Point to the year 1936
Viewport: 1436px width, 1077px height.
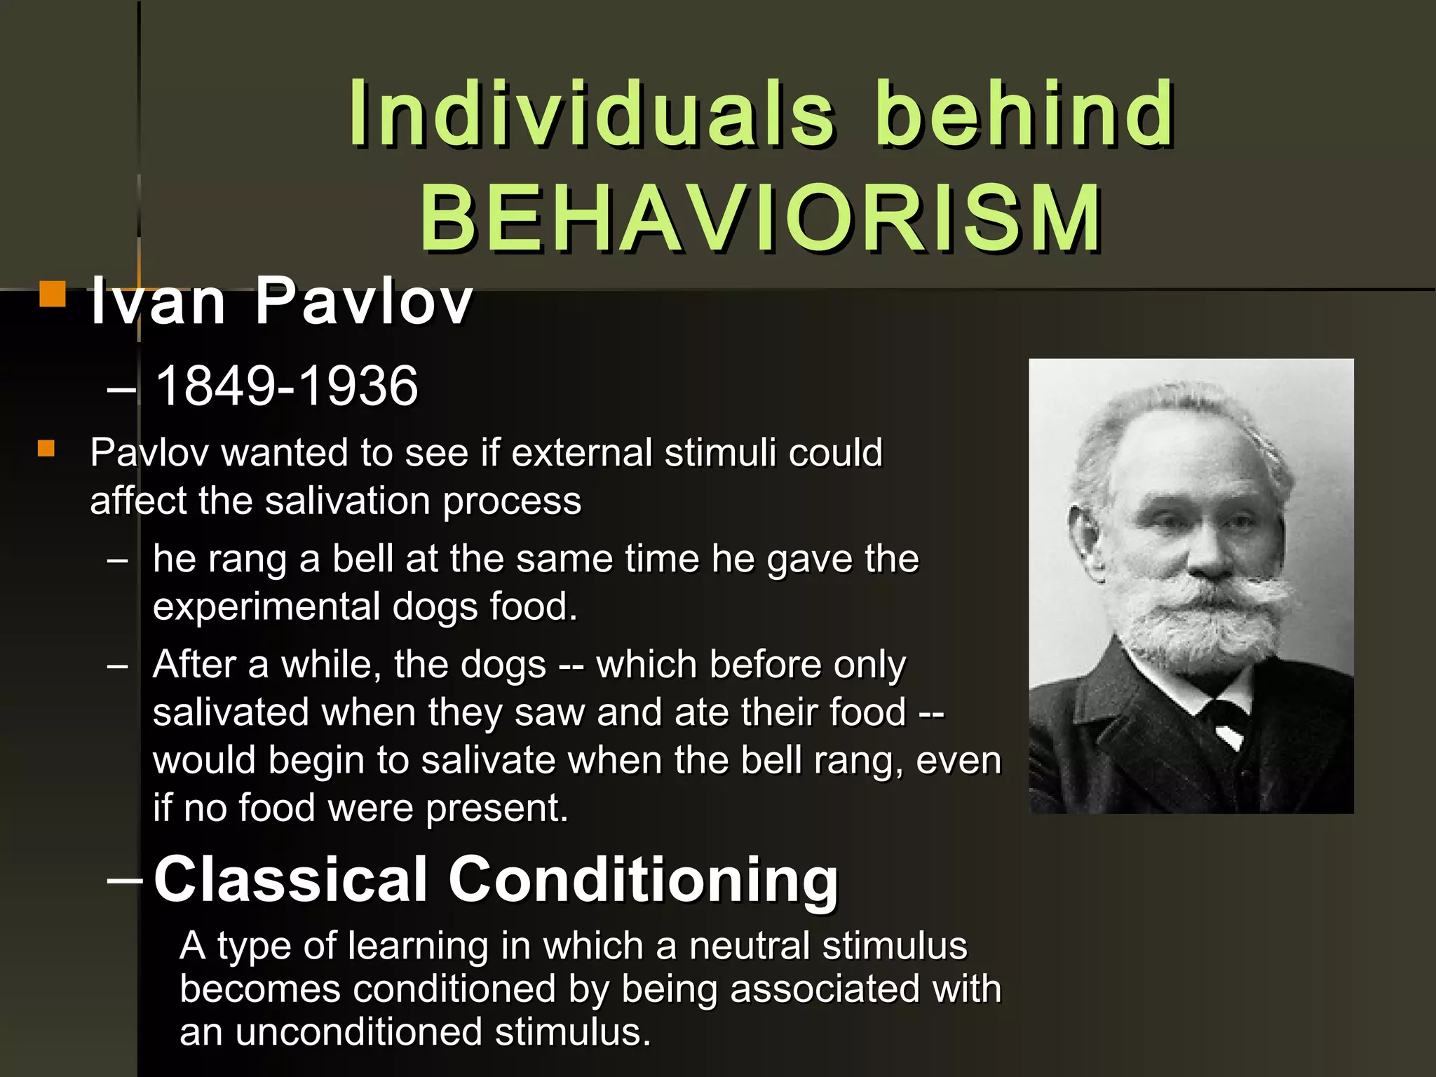coord(358,386)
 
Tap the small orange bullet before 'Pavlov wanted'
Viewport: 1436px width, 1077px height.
coord(46,448)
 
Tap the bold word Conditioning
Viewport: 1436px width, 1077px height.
coord(643,881)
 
